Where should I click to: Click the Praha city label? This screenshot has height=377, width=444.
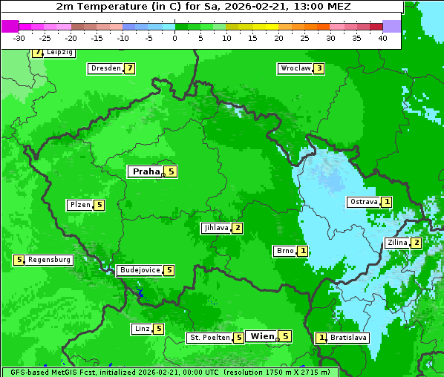pos(146,171)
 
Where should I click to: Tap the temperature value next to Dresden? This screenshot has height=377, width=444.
pos(130,68)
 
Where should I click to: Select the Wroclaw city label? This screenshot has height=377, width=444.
pos(295,68)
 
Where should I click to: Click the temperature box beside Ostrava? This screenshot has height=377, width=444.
pos(387,202)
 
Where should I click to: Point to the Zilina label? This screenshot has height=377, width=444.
pos(397,243)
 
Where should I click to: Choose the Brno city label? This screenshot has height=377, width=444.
pos(285,251)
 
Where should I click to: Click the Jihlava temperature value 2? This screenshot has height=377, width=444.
pos(237,228)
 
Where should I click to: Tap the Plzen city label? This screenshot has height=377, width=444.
pos(79,205)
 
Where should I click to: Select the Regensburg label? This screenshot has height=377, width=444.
pos(49,260)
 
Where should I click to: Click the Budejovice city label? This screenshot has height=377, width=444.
pos(140,270)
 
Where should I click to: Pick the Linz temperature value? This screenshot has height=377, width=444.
pos(159,329)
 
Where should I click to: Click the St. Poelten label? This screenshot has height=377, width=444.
pos(209,338)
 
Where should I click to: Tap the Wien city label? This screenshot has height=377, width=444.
pos(262,336)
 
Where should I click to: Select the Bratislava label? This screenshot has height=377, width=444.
pos(348,338)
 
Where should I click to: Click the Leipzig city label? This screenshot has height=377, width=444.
pos(59,53)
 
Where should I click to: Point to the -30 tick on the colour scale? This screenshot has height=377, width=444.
pos(20,38)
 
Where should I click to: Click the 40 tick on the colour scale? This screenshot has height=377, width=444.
pos(382,38)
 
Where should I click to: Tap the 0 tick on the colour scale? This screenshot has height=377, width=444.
pos(174,38)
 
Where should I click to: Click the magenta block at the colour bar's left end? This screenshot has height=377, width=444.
pos(10,26)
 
